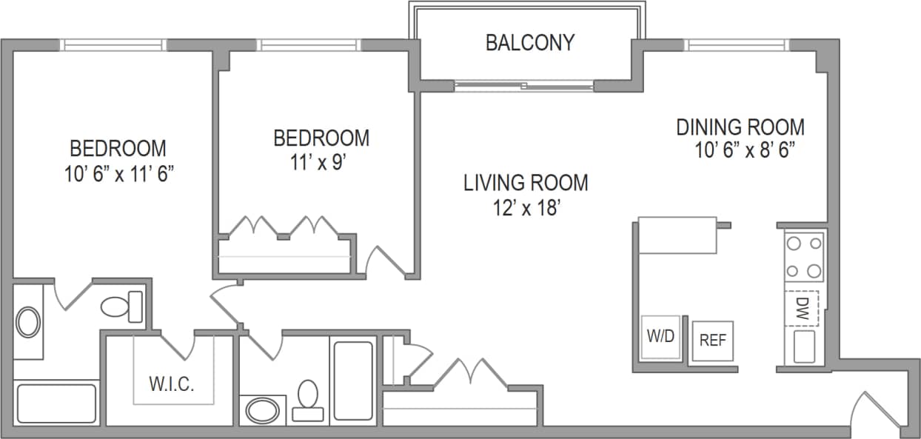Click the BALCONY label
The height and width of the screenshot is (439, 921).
[529, 43]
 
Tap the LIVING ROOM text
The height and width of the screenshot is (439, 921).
[526, 182]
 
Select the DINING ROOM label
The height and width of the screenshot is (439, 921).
[740, 127]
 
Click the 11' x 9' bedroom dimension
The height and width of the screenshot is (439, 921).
[321, 161]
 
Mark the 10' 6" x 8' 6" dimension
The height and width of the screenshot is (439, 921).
[744, 150]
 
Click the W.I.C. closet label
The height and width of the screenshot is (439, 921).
[172, 385]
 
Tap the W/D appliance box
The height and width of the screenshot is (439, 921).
[660, 337]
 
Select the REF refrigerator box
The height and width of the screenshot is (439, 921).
[712, 341]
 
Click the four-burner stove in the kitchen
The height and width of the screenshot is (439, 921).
[804, 256]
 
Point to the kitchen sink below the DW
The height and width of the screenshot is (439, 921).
[803, 346]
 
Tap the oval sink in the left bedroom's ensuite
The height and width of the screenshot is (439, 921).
[29, 323]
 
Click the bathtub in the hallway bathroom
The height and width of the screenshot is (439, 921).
[353, 379]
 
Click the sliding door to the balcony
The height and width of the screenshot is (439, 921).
[523, 87]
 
